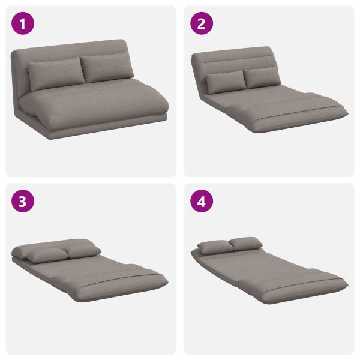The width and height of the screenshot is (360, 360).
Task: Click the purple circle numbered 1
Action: [x=23, y=23]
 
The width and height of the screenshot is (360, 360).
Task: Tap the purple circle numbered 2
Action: [x=202, y=23]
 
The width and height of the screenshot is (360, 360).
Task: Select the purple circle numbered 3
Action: [x=23, y=201]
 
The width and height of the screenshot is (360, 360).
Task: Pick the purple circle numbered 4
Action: [x=202, y=201]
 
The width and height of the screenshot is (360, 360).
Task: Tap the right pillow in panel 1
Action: [x=107, y=67]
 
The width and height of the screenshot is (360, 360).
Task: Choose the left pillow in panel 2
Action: [x=226, y=82]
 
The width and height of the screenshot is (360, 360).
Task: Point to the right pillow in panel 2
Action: [x=262, y=77]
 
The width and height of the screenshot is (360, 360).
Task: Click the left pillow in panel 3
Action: [x=47, y=255]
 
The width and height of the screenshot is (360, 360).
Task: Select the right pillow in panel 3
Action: [x=84, y=251]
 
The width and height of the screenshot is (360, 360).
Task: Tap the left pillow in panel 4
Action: [x=215, y=247]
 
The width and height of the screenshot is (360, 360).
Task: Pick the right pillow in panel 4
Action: [x=245, y=244]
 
